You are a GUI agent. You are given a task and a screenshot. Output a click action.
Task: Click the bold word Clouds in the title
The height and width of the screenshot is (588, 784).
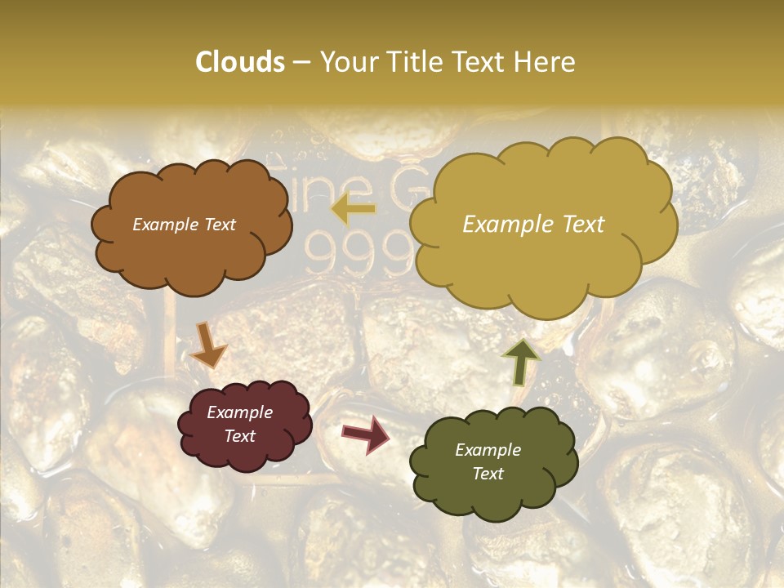[x=240, y=62]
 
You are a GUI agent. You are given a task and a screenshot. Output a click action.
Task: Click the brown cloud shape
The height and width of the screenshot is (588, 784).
[x=191, y=224]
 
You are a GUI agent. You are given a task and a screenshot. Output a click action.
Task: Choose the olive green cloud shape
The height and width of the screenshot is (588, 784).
[x=492, y=462]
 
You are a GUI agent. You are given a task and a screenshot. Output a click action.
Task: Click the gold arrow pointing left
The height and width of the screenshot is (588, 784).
[x=353, y=210]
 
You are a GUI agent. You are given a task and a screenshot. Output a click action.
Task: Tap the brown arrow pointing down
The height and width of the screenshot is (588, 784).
[x=208, y=345]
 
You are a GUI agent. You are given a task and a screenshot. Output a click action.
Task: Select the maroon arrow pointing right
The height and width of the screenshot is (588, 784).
[x=366, y=434]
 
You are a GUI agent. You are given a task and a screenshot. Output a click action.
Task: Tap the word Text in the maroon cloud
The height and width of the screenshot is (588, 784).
[x=240, y=436]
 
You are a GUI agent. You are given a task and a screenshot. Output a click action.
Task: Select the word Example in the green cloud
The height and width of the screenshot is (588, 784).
[x=488, y=450]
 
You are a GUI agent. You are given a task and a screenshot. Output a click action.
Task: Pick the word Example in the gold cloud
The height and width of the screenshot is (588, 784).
[x=505, y=225]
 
